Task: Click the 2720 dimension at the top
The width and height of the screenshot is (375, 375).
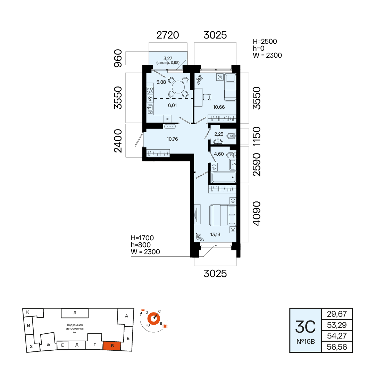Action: (x=168, y=35)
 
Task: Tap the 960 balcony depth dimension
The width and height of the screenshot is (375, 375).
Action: (x=118, y=58)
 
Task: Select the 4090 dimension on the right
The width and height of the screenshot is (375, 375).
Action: (x=256, y=213)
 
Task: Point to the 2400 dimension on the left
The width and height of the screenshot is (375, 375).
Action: (x=118, y=141)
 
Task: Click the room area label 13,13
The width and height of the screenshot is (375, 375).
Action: (x=215, y=235)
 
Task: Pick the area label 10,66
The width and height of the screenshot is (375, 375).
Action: (x=219, y=107)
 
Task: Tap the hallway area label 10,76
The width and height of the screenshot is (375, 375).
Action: (x=172, y=139)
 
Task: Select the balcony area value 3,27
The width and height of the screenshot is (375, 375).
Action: (x=168, y=58)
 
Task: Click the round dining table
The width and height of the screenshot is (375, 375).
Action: (x=178, y=87)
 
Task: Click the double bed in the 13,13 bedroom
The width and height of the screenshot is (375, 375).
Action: (x=223, y=215)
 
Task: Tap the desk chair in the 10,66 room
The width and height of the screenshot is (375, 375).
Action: (x=207, y=97)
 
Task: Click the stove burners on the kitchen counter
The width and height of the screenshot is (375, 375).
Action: (x=150, y=91)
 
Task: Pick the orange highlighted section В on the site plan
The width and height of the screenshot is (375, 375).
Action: (x=112, y=346)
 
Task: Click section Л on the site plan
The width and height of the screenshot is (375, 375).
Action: (x=75, y=313)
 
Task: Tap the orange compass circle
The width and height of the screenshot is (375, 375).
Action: (x=153, y=319)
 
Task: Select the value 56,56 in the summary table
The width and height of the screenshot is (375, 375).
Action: (x=337, y=347)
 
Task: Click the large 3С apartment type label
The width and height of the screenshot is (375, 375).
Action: (x=306, y=327)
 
